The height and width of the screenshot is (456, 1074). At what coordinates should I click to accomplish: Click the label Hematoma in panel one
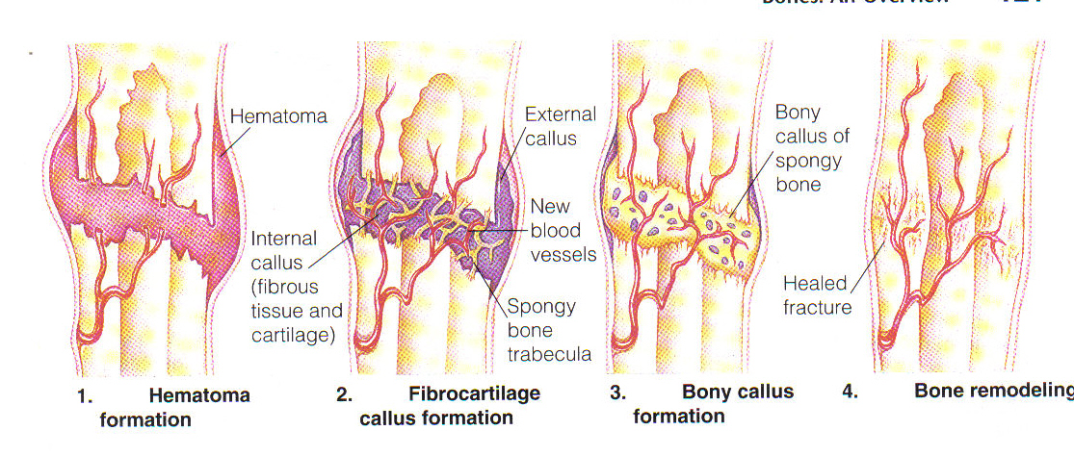pos(278,116)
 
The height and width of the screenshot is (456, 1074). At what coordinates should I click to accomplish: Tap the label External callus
pos(560,126)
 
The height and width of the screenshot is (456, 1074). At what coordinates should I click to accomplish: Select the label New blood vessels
pos(563,231)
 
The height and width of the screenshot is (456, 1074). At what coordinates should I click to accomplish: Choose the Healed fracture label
pos(816,294)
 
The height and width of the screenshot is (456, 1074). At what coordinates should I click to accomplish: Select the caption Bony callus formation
pos(713,404)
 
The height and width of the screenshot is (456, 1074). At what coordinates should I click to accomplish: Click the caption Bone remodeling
pos(992,392)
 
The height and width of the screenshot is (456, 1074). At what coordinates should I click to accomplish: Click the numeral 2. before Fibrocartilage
pos(345,394)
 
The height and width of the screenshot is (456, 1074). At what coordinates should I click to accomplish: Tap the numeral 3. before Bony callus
pos(617,393)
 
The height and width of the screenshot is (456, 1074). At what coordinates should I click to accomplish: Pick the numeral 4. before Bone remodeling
pos(850,392)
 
